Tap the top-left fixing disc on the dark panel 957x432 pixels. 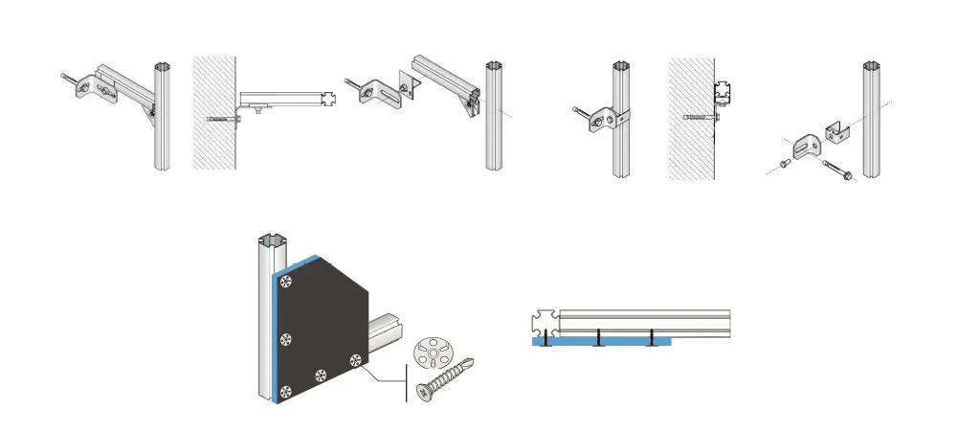click(x=286, y=281)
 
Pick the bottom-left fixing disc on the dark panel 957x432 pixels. click(x=285, y=391)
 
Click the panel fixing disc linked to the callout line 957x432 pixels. click(x=356, y=360)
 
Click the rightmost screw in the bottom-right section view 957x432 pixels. click(x=652, y=336)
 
